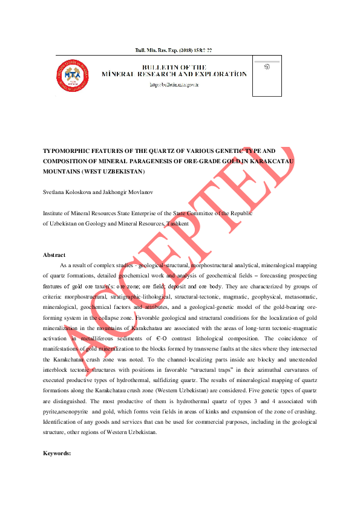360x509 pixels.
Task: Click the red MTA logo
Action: pyautogui.click(x=73, y=76)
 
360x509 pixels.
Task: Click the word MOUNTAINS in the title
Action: pyautogui.click(x=62, y=172)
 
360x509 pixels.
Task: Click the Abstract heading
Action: pyautogui.click(x=54, y=255)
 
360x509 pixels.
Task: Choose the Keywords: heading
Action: pyautogui.click(x=57, y=453)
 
